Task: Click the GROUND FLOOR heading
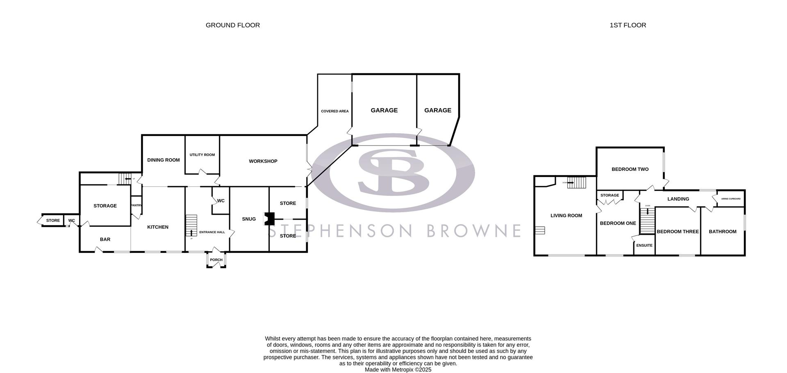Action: (x=232, y=25)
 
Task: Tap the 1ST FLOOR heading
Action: (x=628, y=25)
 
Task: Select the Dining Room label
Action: (x=163, y=160)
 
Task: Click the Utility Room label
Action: (x=202, y=155)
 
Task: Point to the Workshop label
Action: (x=263, y=161)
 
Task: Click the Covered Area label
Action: (x=334, y=111)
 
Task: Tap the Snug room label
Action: (x=249, y=219)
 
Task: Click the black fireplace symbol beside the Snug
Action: (x=269, y=218)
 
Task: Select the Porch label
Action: (x=216, y=260)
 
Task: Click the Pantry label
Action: (x=136, y=205)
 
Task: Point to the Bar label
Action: (x=105, y=239)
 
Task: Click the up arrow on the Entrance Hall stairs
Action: (x=191, y=233)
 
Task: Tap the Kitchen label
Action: (x=158, y=227)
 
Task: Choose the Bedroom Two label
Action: (x=630, y=169)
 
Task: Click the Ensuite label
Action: (x=644, y=246)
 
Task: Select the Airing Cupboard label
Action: (x=731, y=199)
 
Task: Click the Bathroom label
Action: (x=723, y=232)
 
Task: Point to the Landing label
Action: (x=678, y=199)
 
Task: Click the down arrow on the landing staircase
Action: (x=648, y=212)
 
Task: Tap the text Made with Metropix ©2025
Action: (x=398, y=370)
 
